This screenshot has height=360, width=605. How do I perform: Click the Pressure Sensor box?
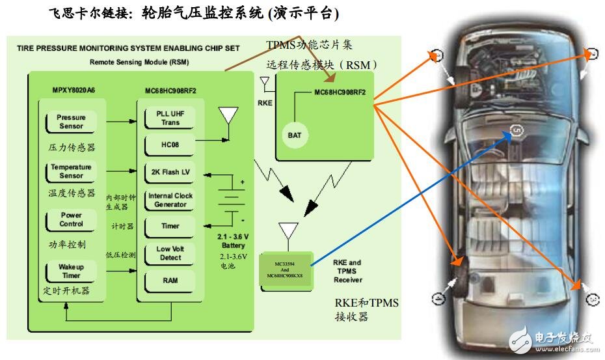pos(71,122)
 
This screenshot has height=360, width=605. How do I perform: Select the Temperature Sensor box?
pos(71,171)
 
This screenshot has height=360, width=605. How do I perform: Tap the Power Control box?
pos(71,219)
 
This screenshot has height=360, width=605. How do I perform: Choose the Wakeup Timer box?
pos(71,271)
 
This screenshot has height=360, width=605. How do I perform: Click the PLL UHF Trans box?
pos(170,118)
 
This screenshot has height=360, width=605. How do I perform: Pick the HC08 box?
pos(170,145)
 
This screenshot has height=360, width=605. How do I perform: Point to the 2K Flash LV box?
pos(170,172)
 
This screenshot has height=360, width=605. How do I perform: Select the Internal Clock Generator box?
pos(170,200)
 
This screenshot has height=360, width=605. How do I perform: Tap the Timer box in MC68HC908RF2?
pos(170,227)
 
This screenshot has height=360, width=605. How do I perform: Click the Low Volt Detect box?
pos(170,254)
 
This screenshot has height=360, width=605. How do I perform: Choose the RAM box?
pos(170,281)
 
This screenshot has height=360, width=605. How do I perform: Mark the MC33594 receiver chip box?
pos(286,270)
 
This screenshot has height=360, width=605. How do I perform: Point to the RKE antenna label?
pos(265,102)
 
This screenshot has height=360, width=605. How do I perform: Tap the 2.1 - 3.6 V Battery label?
pos(233,241)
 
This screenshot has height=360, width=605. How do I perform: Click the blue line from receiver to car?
pos(410,199)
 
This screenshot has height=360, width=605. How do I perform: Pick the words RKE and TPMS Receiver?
pos(349,271)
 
